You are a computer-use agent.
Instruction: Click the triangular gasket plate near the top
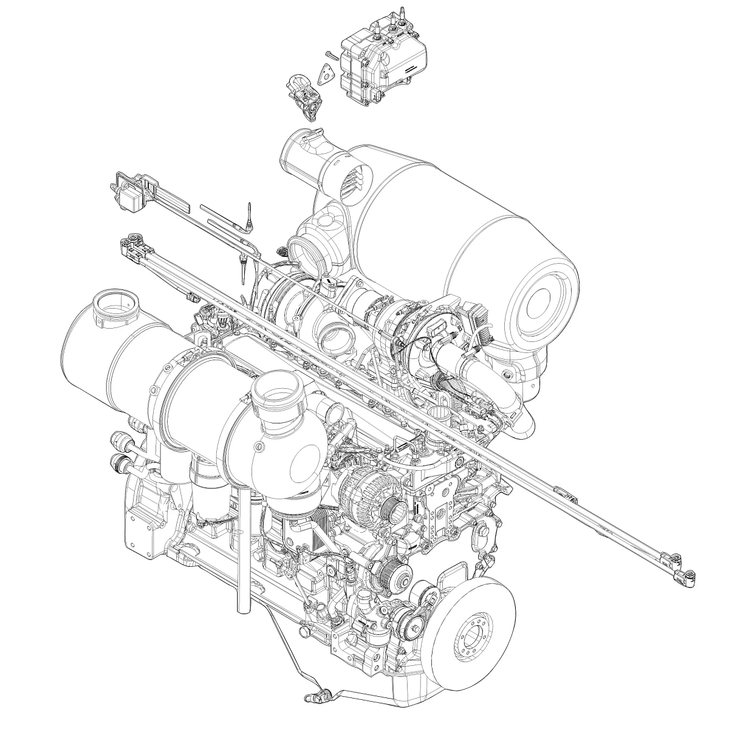(x=329, y=74)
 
